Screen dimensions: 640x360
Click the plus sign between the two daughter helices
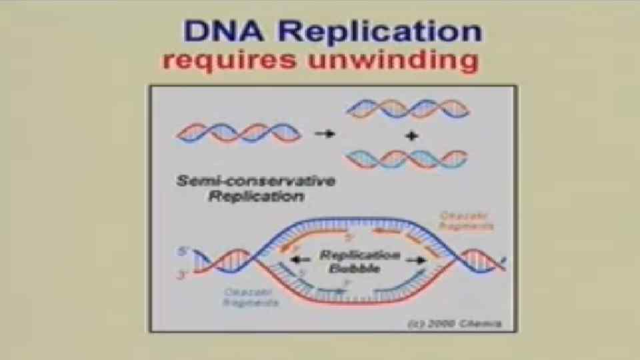411,135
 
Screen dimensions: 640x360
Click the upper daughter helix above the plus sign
407,109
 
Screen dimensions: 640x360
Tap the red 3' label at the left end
183,274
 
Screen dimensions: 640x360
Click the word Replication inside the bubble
359,255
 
